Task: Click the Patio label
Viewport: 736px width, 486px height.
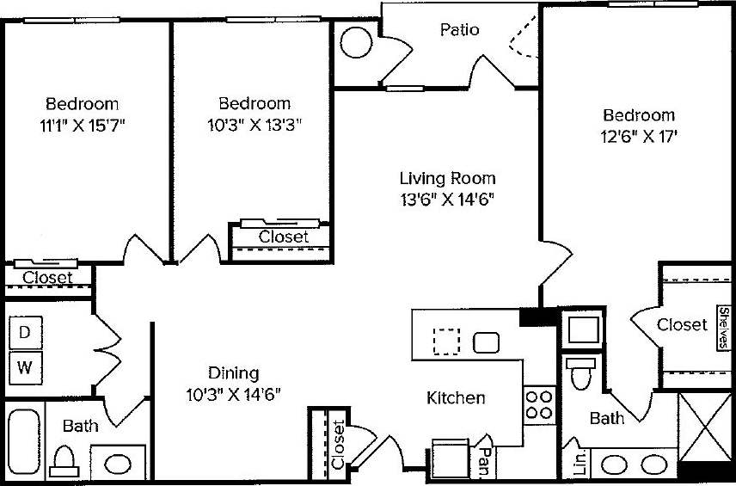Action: coord(459,30)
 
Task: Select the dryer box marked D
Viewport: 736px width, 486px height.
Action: coord(25,331)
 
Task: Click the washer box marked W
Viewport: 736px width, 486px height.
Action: coord(25,369)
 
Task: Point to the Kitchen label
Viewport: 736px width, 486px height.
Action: coord(456,398)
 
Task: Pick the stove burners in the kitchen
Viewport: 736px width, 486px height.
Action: coord(538,405)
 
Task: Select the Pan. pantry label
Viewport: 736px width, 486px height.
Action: coord(485,452)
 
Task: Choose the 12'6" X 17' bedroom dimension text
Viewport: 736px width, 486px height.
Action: coord(637,136)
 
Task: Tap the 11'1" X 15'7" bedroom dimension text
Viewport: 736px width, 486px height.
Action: coord(83,124)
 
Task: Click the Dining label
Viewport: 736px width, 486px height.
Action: coord(233,372)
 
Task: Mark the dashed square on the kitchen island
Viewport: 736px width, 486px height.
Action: coord(446,341)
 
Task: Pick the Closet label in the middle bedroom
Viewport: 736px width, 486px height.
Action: coord(283,237)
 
